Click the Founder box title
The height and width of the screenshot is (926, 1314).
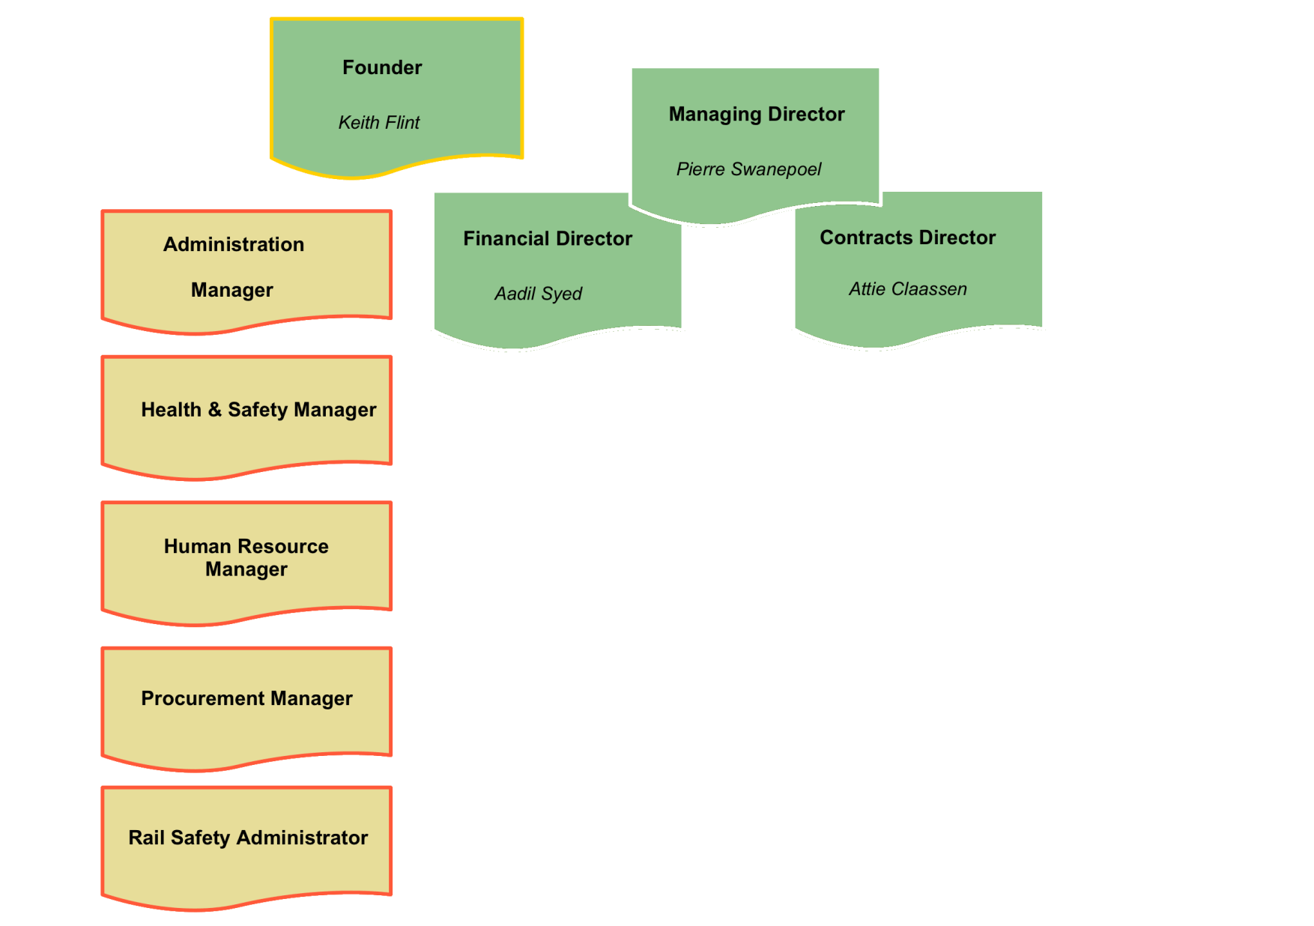point(382,67)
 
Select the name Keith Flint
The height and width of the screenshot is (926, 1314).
point(379,122)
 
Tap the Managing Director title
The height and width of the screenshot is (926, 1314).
point(757,114)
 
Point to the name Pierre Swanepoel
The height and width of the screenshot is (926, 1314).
point(748,169)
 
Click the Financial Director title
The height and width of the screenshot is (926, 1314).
point(548,238)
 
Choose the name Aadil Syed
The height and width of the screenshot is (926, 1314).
point(538,294)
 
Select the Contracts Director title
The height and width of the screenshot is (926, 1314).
point(907,237)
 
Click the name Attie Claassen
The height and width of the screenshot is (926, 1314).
point(907,289)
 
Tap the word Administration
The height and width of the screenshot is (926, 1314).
point(234,244)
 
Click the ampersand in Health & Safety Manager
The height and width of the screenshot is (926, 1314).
point(215,409)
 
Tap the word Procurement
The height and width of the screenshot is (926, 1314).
point(202,698)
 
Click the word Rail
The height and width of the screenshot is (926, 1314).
point(146,838)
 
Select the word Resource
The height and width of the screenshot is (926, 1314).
point(283,546)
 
